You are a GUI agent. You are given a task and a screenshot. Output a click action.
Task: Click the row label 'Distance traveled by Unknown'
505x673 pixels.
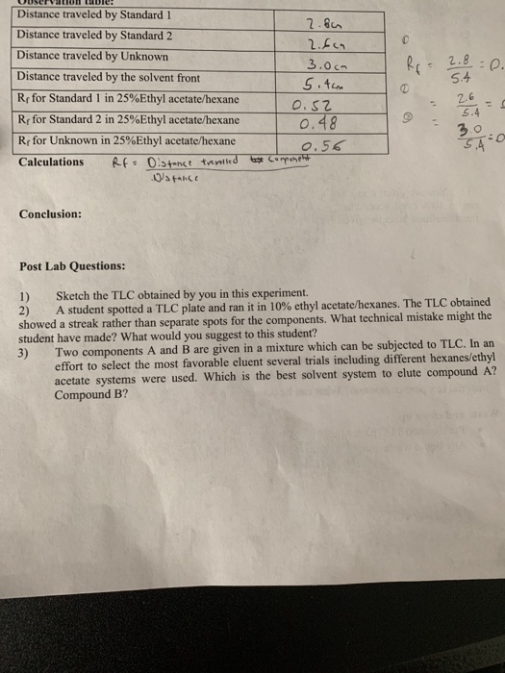click(x=92, y=56)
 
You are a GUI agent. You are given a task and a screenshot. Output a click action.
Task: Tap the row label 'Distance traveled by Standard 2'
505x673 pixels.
click(x=94, y=35)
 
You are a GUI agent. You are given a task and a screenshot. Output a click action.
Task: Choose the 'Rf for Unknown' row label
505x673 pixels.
click(x=126, y=140)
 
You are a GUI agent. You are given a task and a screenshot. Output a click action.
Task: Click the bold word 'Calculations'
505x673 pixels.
click(x=51, y=162)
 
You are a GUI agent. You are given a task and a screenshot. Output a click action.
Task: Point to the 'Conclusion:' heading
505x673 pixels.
click(x=50, y=213)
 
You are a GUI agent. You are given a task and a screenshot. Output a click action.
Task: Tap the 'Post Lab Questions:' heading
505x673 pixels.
click(x=72, y=265)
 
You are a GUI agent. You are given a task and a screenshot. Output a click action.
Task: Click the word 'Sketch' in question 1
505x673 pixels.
click(x=74, y=291)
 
